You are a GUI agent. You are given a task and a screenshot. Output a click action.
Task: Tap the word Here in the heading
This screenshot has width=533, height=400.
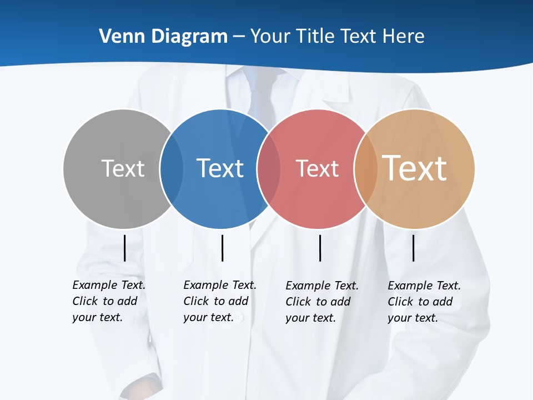[x=404, y=37]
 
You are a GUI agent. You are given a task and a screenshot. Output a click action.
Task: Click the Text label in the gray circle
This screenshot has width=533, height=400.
[x=123, y=168]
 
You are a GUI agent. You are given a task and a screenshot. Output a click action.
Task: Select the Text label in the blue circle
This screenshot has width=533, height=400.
[x=220, y=168]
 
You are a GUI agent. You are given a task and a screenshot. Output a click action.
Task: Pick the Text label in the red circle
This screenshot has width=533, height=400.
[x=317, y=168]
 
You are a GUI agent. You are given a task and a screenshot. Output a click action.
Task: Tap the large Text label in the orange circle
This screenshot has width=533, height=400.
[x=415, y=168]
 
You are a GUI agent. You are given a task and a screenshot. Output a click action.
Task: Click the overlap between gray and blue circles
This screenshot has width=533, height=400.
[x=172, y=168]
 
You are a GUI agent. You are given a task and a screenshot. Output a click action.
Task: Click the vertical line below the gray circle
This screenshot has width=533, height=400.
[x=124, y=248]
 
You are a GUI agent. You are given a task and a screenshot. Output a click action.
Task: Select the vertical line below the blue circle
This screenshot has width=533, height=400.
[x=222, y=248]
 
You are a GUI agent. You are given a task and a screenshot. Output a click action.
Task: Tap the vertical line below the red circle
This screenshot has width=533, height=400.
[x=320, y=248]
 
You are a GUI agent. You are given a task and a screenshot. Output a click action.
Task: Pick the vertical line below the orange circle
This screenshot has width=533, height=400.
[x=413, y=248]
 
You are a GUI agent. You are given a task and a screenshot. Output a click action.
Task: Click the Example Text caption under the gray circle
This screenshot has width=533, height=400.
[x=109, y=301]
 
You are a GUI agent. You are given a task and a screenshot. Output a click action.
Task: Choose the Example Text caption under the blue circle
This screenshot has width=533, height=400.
[x=220, y=301]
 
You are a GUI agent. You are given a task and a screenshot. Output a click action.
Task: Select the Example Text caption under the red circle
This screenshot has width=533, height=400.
[x=322, y=302]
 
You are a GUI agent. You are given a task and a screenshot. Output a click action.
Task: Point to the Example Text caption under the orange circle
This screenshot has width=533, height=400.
[x=424, y=302]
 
